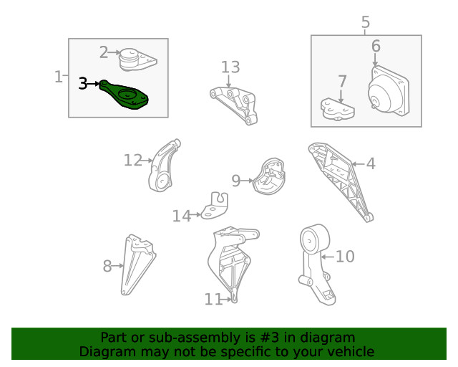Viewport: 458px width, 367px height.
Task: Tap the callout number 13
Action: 230,67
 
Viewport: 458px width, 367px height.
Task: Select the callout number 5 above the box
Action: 366,22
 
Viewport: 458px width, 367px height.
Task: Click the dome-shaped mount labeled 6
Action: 388,91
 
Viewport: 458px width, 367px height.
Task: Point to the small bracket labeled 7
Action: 337,109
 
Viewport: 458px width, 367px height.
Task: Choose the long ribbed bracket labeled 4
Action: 341,181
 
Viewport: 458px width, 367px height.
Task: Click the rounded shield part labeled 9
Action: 269,176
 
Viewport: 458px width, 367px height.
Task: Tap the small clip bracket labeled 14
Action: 215,206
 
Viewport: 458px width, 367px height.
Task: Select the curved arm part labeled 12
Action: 164,166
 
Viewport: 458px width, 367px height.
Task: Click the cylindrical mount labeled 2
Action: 137,59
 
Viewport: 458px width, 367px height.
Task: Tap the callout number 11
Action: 213,299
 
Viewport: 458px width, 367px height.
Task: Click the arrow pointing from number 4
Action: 358,164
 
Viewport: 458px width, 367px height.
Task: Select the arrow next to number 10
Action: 328,257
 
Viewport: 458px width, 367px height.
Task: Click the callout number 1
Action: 59,77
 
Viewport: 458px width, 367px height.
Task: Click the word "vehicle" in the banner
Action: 351,351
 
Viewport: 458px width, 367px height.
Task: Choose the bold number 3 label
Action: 83,84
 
